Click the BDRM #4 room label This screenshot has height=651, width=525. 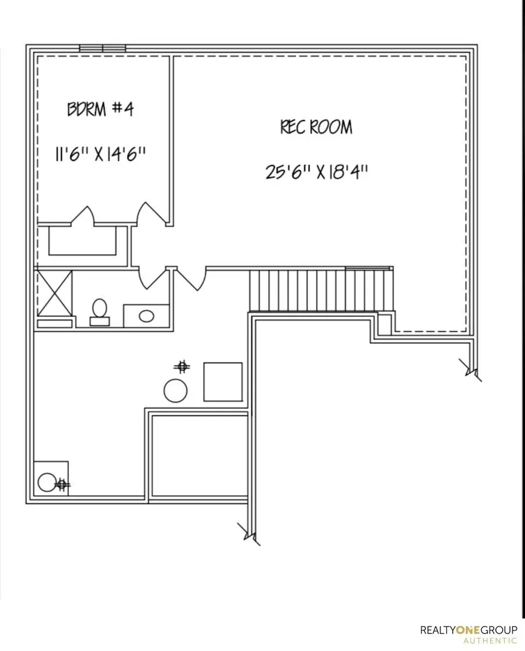click(x=100, y=109)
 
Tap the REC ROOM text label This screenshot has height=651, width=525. click(x=316, y=127)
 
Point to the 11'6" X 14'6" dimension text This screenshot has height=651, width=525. click(x=100, y=155)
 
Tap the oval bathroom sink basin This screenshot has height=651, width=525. click(x=146, y=316)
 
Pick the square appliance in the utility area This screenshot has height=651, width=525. click(x=222, y=381)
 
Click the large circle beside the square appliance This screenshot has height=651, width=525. click(x=176, y=390)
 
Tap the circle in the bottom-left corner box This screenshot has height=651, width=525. click(x=46, y=482)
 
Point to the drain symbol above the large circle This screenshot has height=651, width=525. click(x=182, y=366)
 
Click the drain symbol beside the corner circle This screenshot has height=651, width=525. click(x=62, y=484)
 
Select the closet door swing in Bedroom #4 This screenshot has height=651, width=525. click(x=83, y=216)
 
